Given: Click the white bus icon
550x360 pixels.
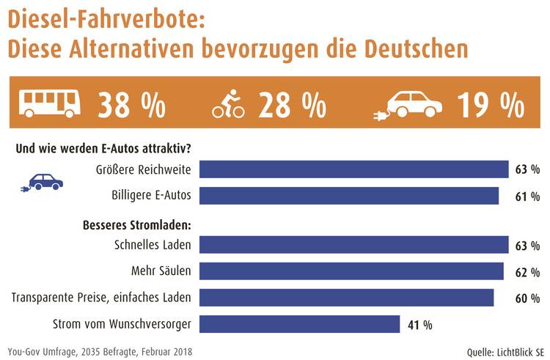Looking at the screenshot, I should (50, 104).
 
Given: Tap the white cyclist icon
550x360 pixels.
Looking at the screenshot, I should (229, 104).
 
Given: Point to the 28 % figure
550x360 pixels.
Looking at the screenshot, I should (292, 105).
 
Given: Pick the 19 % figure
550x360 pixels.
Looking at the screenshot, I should (491, 105).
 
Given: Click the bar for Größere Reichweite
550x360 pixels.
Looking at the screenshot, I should (353, 169).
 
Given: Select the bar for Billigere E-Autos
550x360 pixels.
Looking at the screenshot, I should (349, 196).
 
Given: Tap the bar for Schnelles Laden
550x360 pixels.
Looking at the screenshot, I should (353, 245).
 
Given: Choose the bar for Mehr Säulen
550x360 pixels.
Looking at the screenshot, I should (351, 271).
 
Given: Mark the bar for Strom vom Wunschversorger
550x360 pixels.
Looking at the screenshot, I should (299, 324).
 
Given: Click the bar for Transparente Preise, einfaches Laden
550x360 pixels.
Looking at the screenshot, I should (346, 298).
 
